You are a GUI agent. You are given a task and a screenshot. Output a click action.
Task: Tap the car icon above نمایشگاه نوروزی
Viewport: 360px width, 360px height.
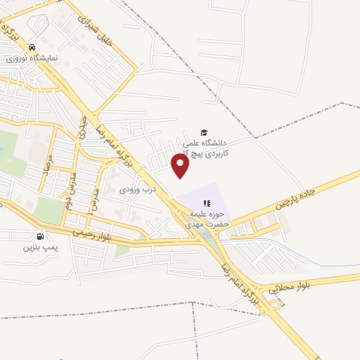31,47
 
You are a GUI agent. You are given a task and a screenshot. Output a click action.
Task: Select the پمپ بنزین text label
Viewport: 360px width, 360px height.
39,247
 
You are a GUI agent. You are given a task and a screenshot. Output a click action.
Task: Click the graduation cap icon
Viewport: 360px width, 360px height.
204,132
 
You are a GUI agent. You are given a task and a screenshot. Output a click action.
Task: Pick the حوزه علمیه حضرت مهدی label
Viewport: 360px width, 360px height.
205,221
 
